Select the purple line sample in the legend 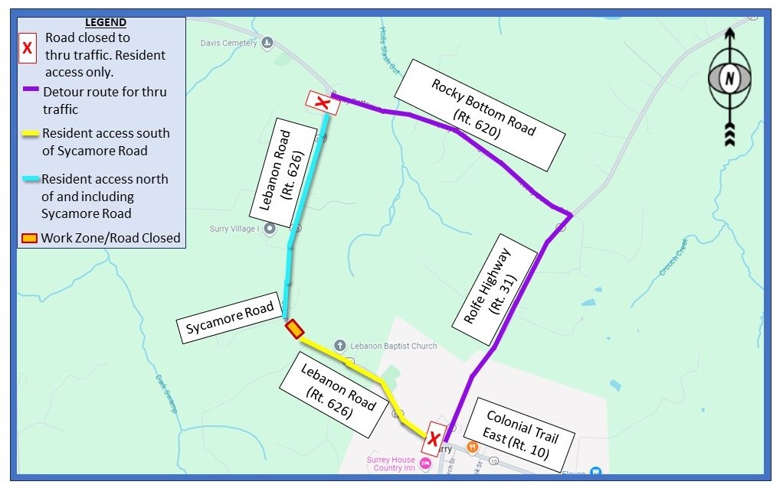pyautogui.click(x=31, y=89)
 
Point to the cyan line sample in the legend pyautogui.click(x=31, y=178)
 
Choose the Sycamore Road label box pyautogui.click(x=229, y=320)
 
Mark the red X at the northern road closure pyautogui.click(x=323, y=102)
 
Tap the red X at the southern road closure pyautogui.click(x=434, y=439)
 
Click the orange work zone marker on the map pyautogui.click(x=294, y=330)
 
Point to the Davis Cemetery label pyautogui.click(x=228, y=43)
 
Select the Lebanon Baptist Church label pyautogui.click(x=394, y=346)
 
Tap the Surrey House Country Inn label pyautogui.click(x=390, y=464)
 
